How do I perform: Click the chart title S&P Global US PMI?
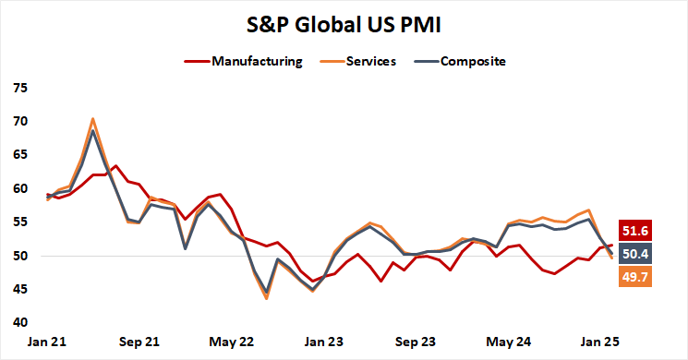[344, 25]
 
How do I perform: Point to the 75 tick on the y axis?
[19, 89]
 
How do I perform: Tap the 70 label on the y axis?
[19, 122]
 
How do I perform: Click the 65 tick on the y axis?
[19, 155]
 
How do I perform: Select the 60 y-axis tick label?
[19, 189]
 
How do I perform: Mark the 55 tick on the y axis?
[19, 222]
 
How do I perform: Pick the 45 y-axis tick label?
[19, 290]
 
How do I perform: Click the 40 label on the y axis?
[19, 323]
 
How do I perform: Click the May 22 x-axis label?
[233, 342]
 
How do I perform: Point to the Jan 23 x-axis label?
[325, 342]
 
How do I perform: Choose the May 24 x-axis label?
[508, 342]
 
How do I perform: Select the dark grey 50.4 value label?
[636, 254]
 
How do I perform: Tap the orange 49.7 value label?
[636, 275]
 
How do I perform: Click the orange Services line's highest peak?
[93, 119]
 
